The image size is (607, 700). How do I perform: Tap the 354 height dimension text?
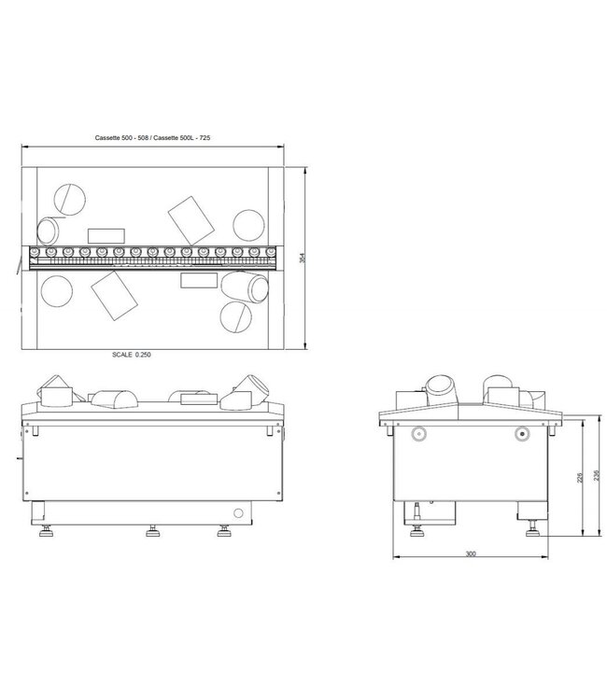(x=302, y=259)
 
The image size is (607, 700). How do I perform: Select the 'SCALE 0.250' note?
(x=130, y=355)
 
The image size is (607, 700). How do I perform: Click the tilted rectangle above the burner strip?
(x=191, y=216)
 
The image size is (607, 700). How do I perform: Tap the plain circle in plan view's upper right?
(x=248, y=224)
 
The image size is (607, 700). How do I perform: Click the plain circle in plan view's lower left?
(x=58, y=290)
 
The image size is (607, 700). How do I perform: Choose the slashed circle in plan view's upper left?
(x=67, y=197)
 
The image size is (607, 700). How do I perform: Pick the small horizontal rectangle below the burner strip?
(x=199, y=280)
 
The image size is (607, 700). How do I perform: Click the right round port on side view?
(x=522, y=433)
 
